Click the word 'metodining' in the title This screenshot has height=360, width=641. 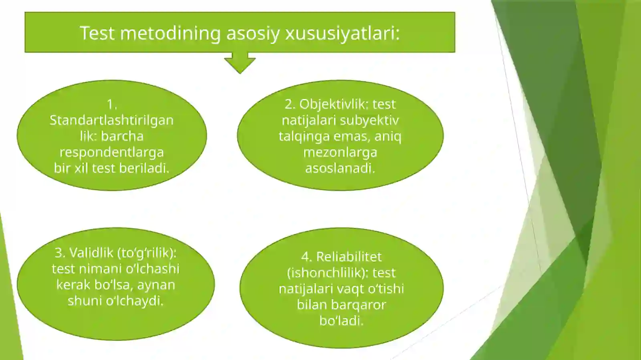pos(170,33)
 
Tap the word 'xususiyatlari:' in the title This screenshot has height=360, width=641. pos(342,33)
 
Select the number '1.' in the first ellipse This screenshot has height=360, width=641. pos(112,105)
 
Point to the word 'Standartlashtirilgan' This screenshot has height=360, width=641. pos(111,120)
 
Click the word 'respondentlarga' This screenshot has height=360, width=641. pos(111,152)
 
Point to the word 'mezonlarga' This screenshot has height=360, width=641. pos(340,152)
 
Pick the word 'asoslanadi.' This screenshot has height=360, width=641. pos(340,168)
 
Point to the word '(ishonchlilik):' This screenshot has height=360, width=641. pos(327,273)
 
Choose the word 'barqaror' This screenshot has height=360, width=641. pos(358,305)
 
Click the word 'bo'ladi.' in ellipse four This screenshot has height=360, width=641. pos(341,321)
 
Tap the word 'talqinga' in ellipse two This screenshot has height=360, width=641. pos(304,136)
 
